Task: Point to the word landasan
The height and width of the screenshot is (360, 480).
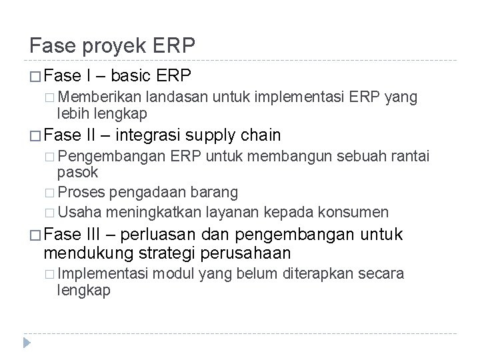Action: tap(176, 98)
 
